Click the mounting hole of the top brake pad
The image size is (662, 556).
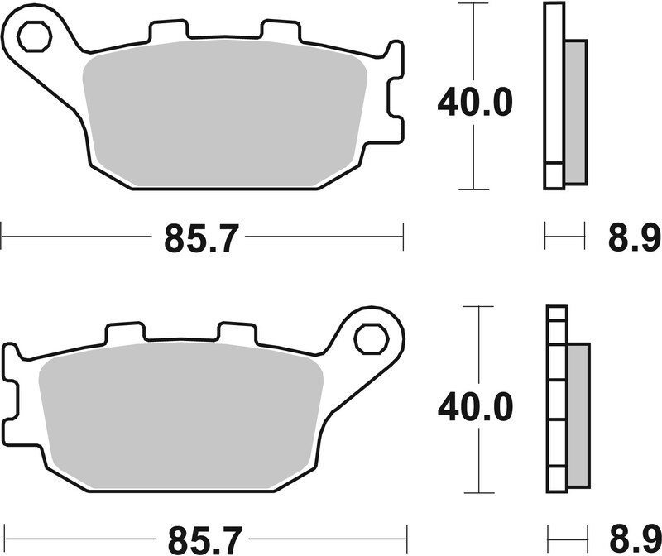[33, 37]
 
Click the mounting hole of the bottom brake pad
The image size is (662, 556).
[369, 338]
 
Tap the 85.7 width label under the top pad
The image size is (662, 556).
[201, 238]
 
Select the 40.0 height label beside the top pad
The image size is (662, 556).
[475, 102]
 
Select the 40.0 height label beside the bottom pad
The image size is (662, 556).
[475, 405]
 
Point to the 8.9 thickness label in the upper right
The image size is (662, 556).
[627, 238]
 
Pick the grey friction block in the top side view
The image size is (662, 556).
[575, 112]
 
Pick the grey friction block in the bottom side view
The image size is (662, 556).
[579, 414]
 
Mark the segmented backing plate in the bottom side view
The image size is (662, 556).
[557, 397]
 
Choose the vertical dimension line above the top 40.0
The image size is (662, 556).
[474, 41]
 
